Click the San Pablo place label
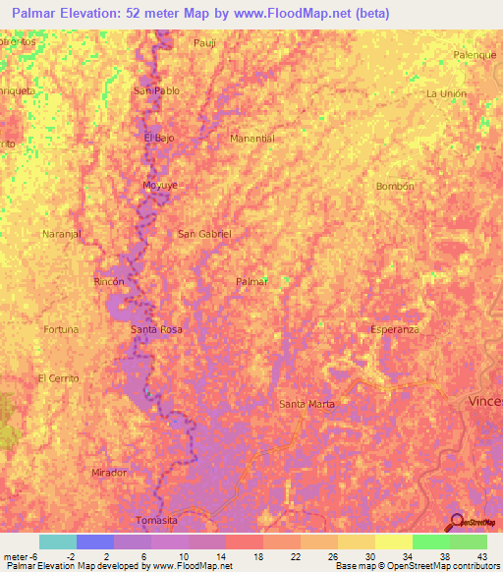pos(156,90)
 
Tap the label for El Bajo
pos(159,138)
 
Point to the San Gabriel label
pos(204,234)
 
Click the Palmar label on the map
pos(251,281)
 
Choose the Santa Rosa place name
pos(156,329)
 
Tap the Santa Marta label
pos(307,404)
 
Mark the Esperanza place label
pos(395,329)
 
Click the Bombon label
pos(395,186)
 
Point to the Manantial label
pos(251,139)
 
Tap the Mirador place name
pos(109,473)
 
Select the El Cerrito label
pos(58,378)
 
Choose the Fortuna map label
pos(61,329)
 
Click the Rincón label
pos(109,281)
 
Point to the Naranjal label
pos(61,234)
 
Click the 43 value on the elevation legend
pos(482,555)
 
